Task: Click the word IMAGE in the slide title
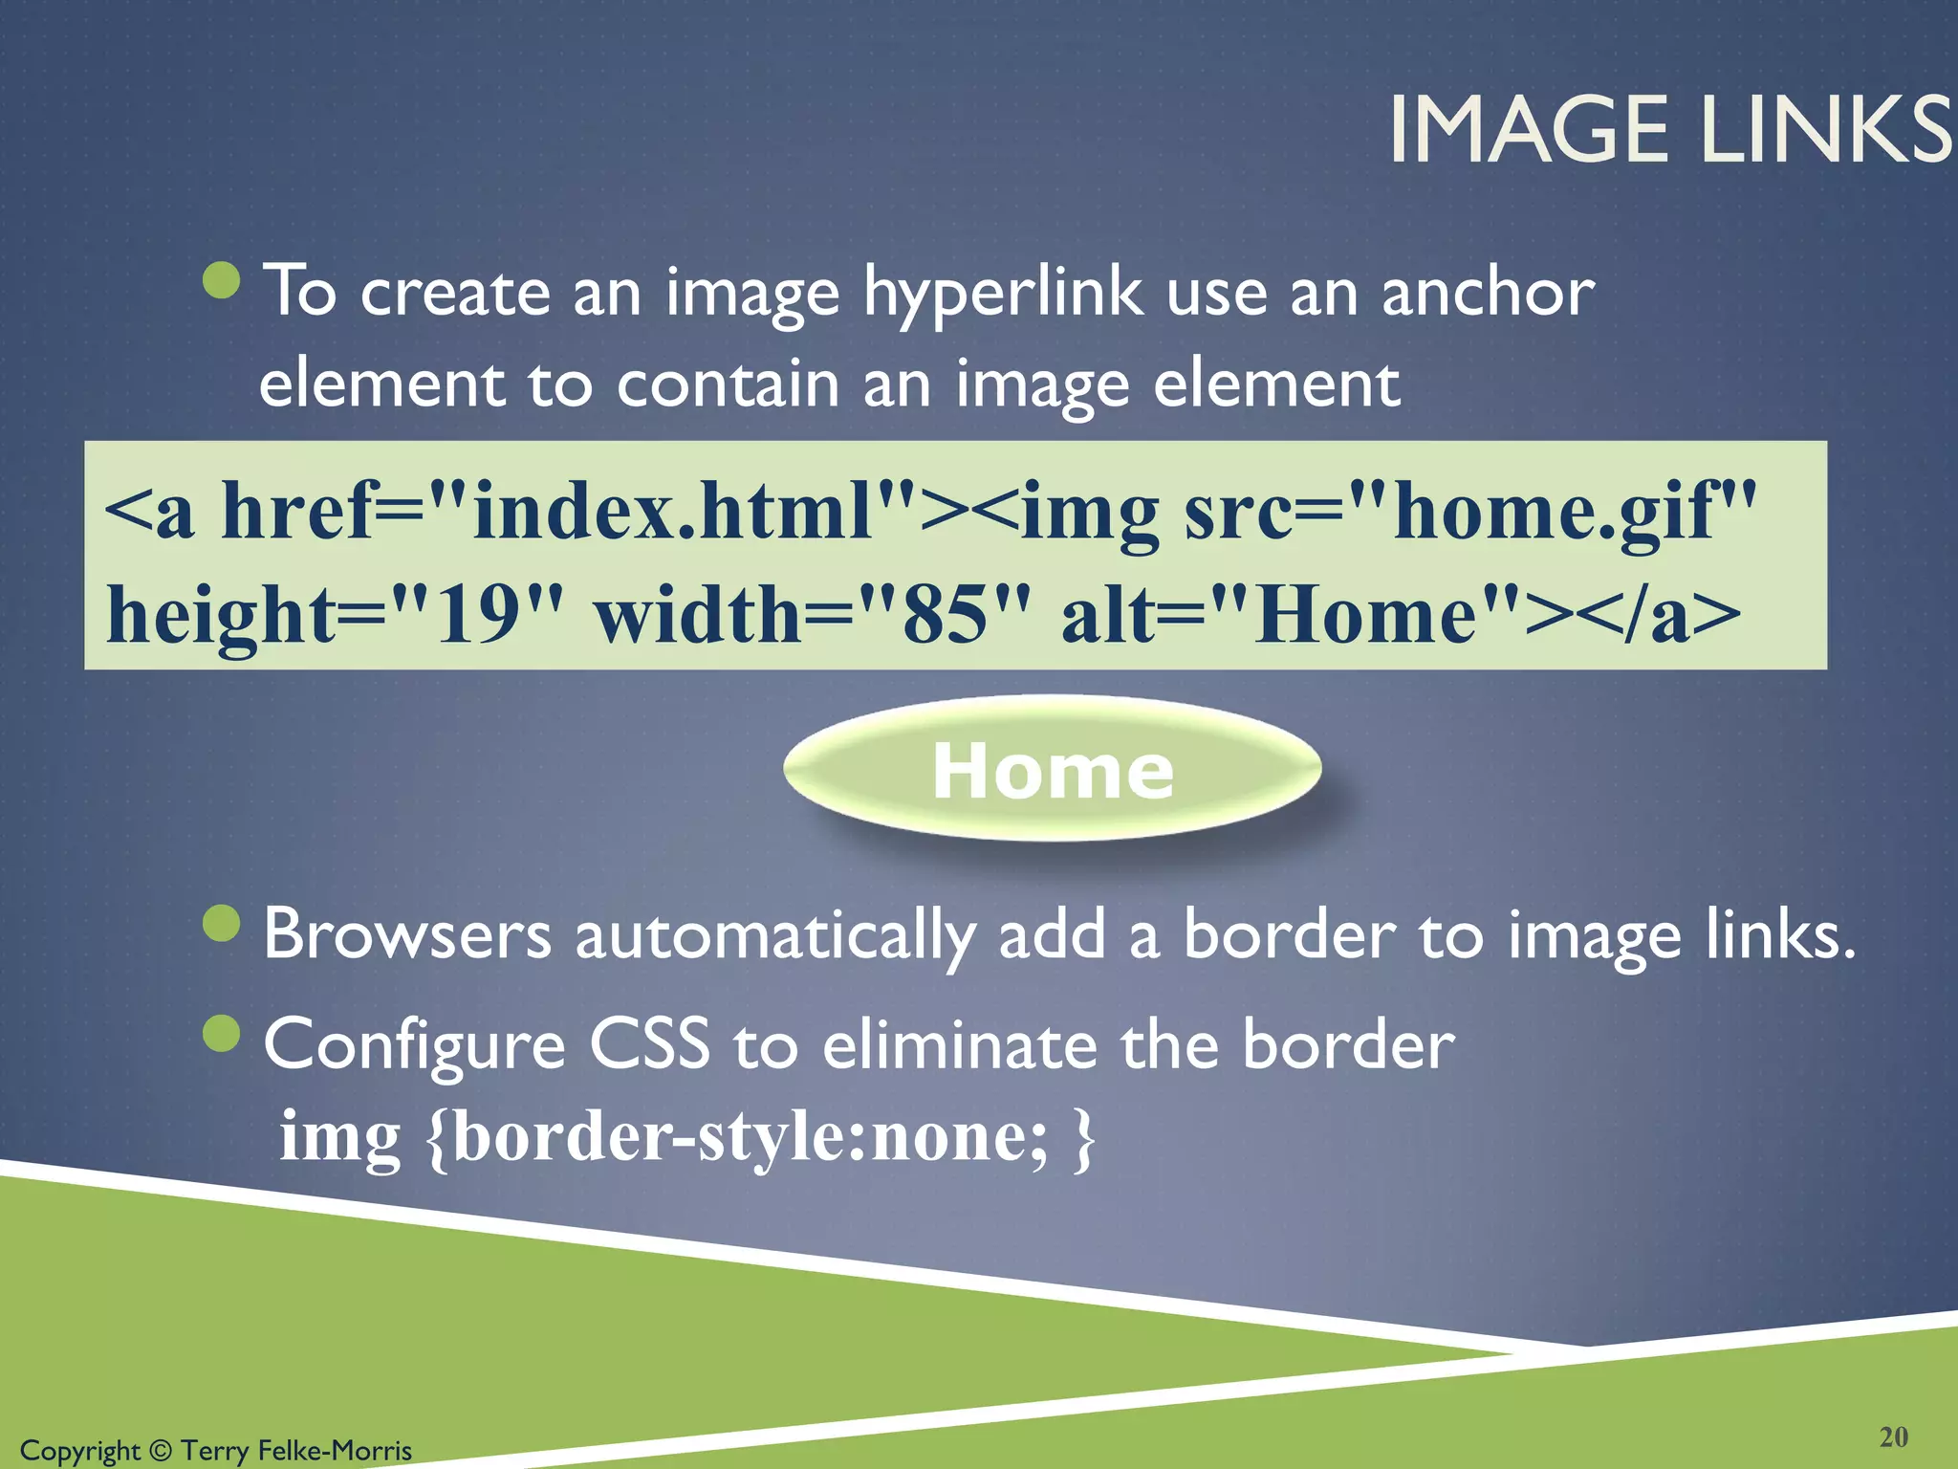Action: pyautogui.click(x=1529, y=130)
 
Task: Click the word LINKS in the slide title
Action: pyautogui.click(x=1827, y=130)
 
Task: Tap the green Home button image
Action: pyautogui.click(x=1053, y=769)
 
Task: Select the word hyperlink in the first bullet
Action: pyautogui.click(x=1003, y=293)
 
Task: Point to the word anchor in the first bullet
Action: pyautogui.click(x=1488, y=293)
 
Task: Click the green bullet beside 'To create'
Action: pyautogui.click(x=223, y=280)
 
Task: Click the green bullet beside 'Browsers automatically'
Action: pyautogui.click(x=223, y=923)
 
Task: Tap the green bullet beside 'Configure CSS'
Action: pyautogui.click(x=223, y=1033)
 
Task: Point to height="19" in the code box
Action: pyautogui.click(x=335, y=615)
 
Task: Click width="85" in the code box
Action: pyautogui.click(x=813, y=615)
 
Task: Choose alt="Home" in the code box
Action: pyautogui.click(x=1291, y=615)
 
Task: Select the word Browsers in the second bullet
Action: pyautogui.click(x=407, y=934)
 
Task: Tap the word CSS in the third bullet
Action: pyautogui.click(x=649, y=1043)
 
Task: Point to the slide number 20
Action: pyautogui.click(x=1893, y=1436)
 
